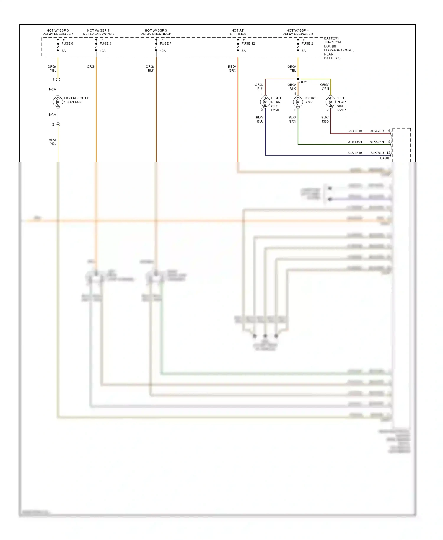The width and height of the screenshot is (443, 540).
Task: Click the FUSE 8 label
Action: pyautogui.click(x=67, y=43)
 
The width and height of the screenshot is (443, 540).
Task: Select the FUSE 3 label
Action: pyautogui.click(x=105, y=43)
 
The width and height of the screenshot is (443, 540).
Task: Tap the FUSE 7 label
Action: pyautogui.click(x=165, y=43)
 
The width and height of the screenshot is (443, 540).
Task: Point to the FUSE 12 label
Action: pyautogui.click(x=248, y=43)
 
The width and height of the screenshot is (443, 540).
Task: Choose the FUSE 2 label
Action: pyautogui.click(x=307, y=43)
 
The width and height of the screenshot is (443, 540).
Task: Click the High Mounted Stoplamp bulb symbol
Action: pyautogui.click(x=58, y=102)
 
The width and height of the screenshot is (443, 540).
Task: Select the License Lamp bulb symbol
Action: pyautogui.click(x=298, y=102)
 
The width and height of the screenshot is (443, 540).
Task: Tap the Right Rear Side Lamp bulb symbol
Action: pyautogui.click(x=265, y=102)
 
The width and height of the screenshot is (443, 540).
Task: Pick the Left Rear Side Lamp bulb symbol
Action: pyautogui.click(x=330, y=102)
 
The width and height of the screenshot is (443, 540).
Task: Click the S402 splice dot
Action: pyautogui.click(x=298, y=79)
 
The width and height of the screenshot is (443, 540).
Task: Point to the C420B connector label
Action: pyautogui.click(x=385, y=158)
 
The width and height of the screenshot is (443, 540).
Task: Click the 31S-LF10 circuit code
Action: pyautogui.click(x=355, y=131)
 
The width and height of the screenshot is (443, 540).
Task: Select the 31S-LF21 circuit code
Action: pyautogui.click(x=355, y=142)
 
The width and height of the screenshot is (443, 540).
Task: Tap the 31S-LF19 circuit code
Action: pyautogui.click(x=355, y=153)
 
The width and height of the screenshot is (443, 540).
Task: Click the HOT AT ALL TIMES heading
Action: pyautogui.click(x=238, y=32)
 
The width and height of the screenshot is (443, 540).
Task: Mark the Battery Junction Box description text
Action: pyautogui.click(x=338, y=48)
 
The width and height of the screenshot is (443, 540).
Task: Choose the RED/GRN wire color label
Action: pyautogui.click(x=232, y=69)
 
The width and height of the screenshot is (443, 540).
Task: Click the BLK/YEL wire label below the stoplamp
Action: pyautogui.click(x=53, y=142)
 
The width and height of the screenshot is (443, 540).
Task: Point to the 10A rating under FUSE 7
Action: pyautogui.click(x=163, y=51)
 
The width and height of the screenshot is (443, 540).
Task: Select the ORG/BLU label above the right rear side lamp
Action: pyautogui.click(x=259, y=87)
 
